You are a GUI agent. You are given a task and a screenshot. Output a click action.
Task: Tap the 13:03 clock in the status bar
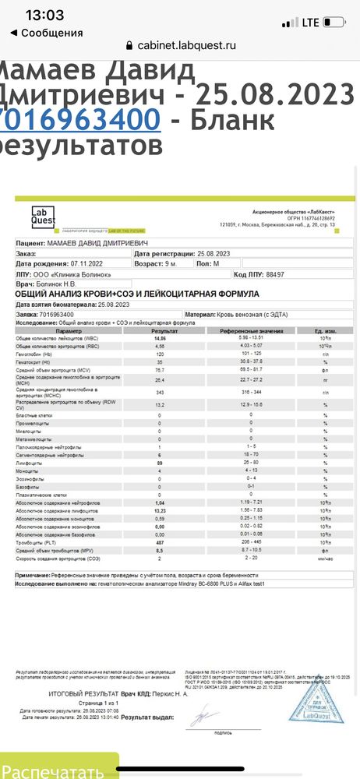click(x=44, y=15)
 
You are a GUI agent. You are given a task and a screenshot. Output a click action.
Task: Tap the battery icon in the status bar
click(x=337, y=22)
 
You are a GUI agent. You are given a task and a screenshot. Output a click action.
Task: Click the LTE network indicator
click(x=311, y=22)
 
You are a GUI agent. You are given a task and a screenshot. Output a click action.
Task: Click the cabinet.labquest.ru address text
click(x=186, y=45)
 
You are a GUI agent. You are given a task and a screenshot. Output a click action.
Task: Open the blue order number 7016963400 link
click(x=80, y=120)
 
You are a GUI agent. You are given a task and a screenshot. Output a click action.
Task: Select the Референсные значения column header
click(x=250, y=331)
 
